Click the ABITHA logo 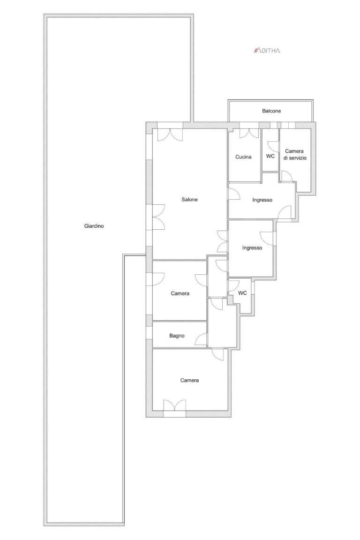267,50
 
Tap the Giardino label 94,226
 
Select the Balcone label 271,111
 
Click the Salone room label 190,199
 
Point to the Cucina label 243,157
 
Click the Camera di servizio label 294,155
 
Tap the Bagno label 177,336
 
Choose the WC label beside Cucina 270,156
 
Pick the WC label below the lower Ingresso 242,293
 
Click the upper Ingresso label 262,200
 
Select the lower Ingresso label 252,248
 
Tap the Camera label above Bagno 180,293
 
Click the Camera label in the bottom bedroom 189,380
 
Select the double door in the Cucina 249,134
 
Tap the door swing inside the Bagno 201,339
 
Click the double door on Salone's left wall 158,217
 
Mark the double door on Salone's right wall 222,241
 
